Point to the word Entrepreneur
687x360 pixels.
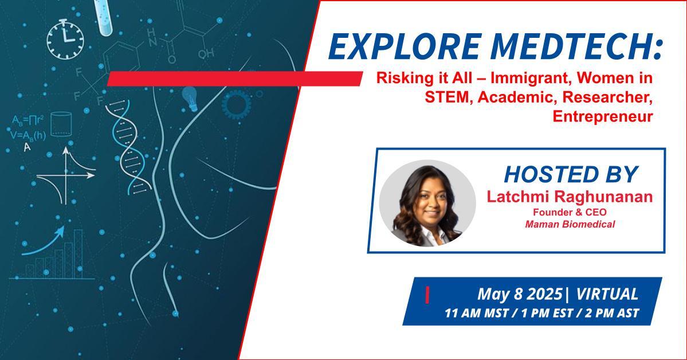pos(603,116)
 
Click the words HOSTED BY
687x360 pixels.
pos(571,174)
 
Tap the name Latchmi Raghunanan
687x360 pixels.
pos(570,197)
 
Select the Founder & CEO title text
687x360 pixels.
pos(570,212)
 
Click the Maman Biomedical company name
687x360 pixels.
pos(570,224)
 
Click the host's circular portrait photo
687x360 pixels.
pos(427,204)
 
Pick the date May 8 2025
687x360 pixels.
pos(519,294)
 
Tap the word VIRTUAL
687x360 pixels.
pos(607,294)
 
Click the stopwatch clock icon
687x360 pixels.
pos(65,40)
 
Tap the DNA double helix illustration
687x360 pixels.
pos(128,147)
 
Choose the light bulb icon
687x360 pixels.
pos(190,98)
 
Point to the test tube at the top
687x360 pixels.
pos(103,17)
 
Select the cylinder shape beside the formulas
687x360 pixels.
pos(61,124)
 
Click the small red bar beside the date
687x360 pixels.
pos(427,295)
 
